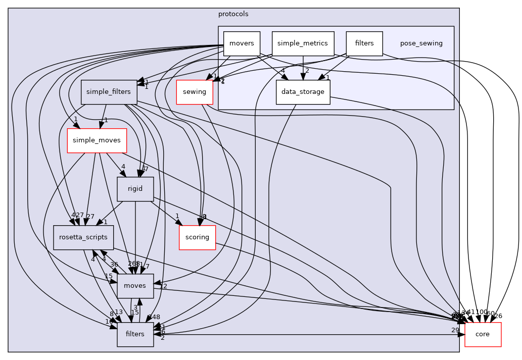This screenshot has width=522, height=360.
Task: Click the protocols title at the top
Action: coord(233,14)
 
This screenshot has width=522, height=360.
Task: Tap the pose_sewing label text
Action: coord(421,43)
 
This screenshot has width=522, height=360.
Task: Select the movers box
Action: coord(242,43)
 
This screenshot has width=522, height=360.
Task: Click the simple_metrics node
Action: coord(303,43)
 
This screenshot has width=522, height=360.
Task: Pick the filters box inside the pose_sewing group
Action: coord(364,43)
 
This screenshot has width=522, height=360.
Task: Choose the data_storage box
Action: coord(303,92)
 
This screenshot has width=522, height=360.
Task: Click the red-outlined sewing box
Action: coord(194,92)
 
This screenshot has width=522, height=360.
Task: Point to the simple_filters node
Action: coord(109,92)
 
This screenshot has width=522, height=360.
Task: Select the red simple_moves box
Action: coord(97,140)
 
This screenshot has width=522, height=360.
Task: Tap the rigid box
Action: coord(135,189)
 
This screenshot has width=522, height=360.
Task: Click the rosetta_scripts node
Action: coord(83,237)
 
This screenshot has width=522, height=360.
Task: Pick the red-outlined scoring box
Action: coord(197,237)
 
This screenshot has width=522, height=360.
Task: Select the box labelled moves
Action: coord(135,286)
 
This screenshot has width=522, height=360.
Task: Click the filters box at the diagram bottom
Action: coord(135,334)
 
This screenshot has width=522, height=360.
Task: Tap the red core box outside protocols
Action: coord(483,334)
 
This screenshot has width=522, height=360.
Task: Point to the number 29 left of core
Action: coord(455,330)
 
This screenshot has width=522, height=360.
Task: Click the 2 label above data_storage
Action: coord(306,70)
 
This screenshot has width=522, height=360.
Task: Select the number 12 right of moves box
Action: coord(163,286)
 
